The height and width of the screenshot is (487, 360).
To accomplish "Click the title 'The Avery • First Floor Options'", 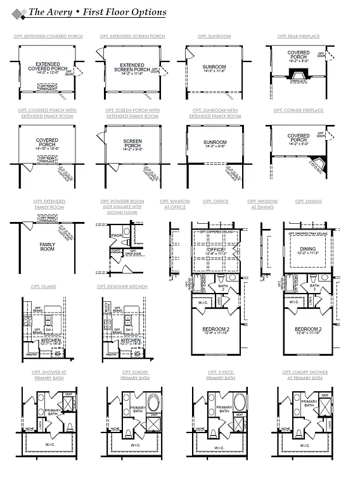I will [x=98, y=12].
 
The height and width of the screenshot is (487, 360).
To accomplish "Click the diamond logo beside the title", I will [x=19, y=12].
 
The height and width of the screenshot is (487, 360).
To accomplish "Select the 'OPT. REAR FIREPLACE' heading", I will [x=299, y=37].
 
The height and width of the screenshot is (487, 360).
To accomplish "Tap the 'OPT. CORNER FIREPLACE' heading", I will [x=299, y=110].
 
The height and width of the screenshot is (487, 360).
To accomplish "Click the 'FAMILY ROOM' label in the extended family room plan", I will [x=48, y=247].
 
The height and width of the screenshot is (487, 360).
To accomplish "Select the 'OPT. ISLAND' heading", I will [x=43, y=287].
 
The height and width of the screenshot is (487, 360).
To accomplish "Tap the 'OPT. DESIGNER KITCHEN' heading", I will [x=122, y=287].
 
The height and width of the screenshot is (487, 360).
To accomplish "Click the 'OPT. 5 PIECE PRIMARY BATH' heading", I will [x=221, y=375].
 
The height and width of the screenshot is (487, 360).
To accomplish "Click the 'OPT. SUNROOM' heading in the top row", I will [x=214, y=37].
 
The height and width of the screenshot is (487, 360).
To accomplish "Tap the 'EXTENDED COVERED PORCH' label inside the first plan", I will [x=48, y=67].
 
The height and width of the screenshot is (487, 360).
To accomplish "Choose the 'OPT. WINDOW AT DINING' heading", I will [x=262, y=204].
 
